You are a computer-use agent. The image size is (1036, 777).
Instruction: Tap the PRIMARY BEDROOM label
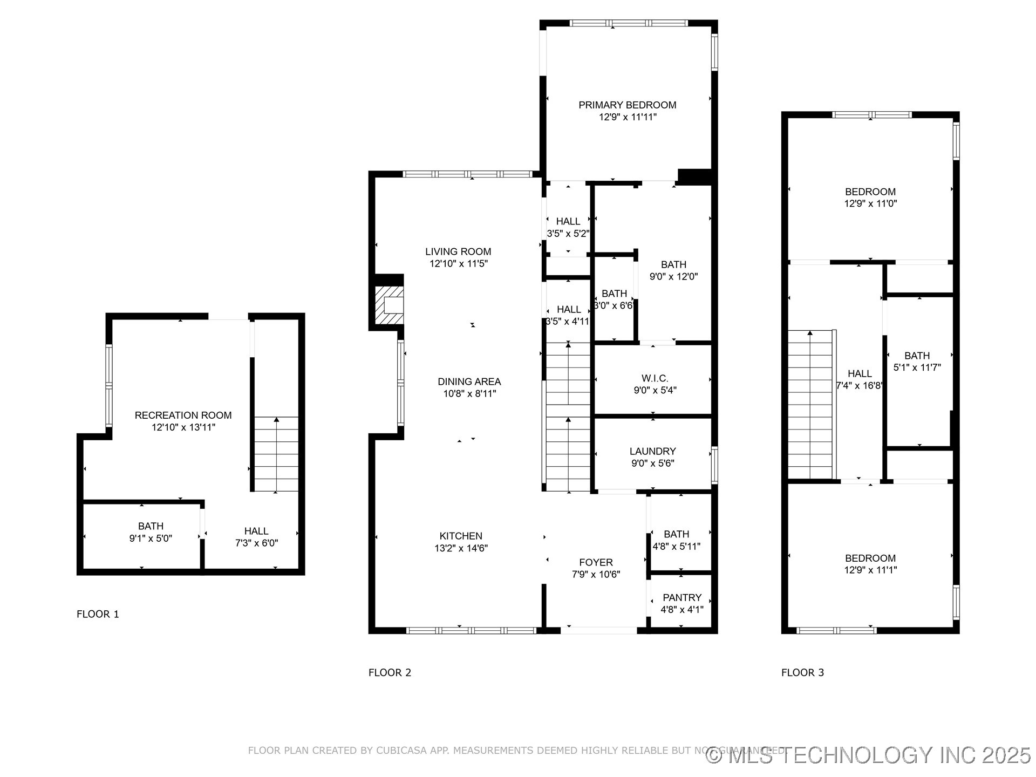(627, 105)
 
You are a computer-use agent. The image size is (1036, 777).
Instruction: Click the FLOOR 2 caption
(390, 672)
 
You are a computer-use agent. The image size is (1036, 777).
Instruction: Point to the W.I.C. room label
(655, 378)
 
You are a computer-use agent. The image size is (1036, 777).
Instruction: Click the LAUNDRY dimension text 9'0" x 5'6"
(652, 463)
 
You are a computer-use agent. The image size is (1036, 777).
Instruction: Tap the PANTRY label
(681, 597)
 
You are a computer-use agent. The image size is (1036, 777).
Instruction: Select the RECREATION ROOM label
(183, 415)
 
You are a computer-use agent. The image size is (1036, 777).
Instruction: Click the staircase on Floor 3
(810, 405)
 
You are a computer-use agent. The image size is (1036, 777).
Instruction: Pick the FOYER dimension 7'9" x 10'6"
(596, 575)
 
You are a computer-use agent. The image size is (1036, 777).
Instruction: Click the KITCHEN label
(461, 536)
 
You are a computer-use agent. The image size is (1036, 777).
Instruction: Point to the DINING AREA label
(469, 381)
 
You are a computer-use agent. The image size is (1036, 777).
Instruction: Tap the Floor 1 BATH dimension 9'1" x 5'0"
(151, 538)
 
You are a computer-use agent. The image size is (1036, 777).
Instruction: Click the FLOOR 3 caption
(802, 672)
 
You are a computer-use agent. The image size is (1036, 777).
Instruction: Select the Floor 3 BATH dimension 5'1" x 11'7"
(917, 367)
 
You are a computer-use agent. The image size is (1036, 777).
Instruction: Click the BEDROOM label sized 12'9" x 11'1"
(870, 558)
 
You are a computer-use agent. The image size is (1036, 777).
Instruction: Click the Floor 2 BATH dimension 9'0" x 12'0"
(673, 277)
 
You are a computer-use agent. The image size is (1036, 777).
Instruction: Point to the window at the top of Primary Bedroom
(629, 23)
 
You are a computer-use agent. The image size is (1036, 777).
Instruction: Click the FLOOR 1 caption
(98, 614)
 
